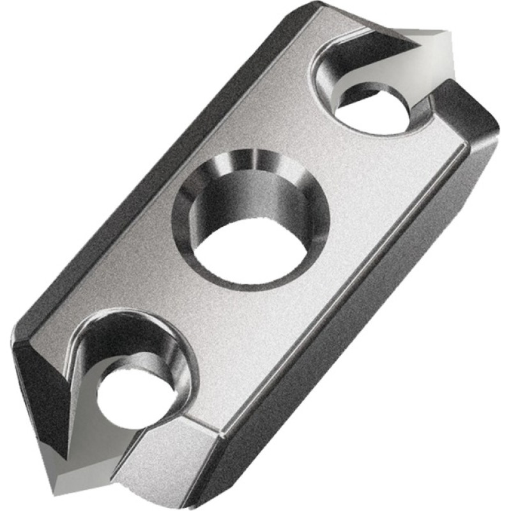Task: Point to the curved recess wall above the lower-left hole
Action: click(128, 332)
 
